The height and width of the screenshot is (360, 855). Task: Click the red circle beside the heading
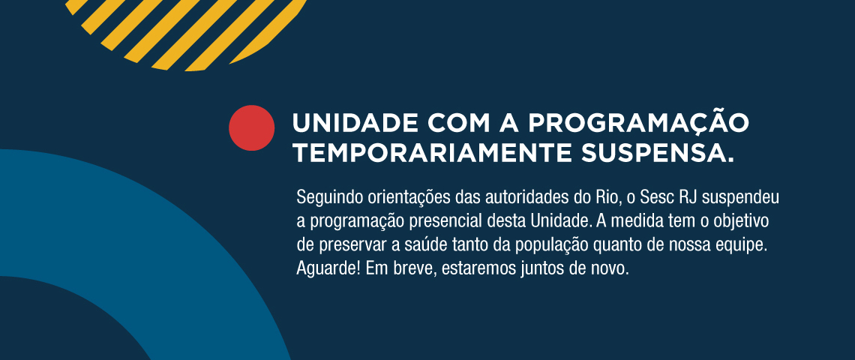click(251, 127)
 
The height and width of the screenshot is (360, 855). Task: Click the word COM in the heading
click(459, 123)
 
